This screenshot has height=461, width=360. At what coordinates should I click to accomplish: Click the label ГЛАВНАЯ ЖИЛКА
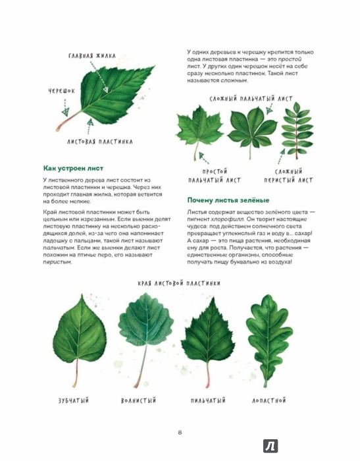point(92,56)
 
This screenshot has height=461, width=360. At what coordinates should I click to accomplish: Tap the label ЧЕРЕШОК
point(62,91)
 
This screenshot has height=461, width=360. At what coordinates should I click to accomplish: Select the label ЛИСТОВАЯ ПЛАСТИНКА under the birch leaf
point(100,142)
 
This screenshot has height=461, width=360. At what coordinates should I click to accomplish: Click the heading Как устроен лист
point(73,169)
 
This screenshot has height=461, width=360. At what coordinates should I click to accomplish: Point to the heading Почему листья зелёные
point(228,200)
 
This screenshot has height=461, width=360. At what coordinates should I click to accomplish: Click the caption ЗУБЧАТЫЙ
point(74,400)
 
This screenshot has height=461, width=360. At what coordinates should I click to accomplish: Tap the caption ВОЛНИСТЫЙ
point(138,400)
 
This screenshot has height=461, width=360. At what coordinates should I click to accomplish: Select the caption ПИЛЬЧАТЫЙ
point(208,400)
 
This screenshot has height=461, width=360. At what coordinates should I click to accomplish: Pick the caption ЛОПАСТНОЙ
point(269,400)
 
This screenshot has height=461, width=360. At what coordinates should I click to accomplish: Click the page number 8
point(180,433)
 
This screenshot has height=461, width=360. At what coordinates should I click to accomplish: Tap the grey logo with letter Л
point(270,446)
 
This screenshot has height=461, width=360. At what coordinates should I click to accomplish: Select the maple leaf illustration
point(199,132)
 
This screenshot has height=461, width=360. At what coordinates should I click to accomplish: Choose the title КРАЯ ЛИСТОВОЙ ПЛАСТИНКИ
point(179,283)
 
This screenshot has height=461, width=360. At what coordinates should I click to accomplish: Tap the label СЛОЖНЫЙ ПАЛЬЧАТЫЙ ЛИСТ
point(251,99)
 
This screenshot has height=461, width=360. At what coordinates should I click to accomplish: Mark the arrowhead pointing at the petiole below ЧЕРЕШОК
point(65,112)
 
